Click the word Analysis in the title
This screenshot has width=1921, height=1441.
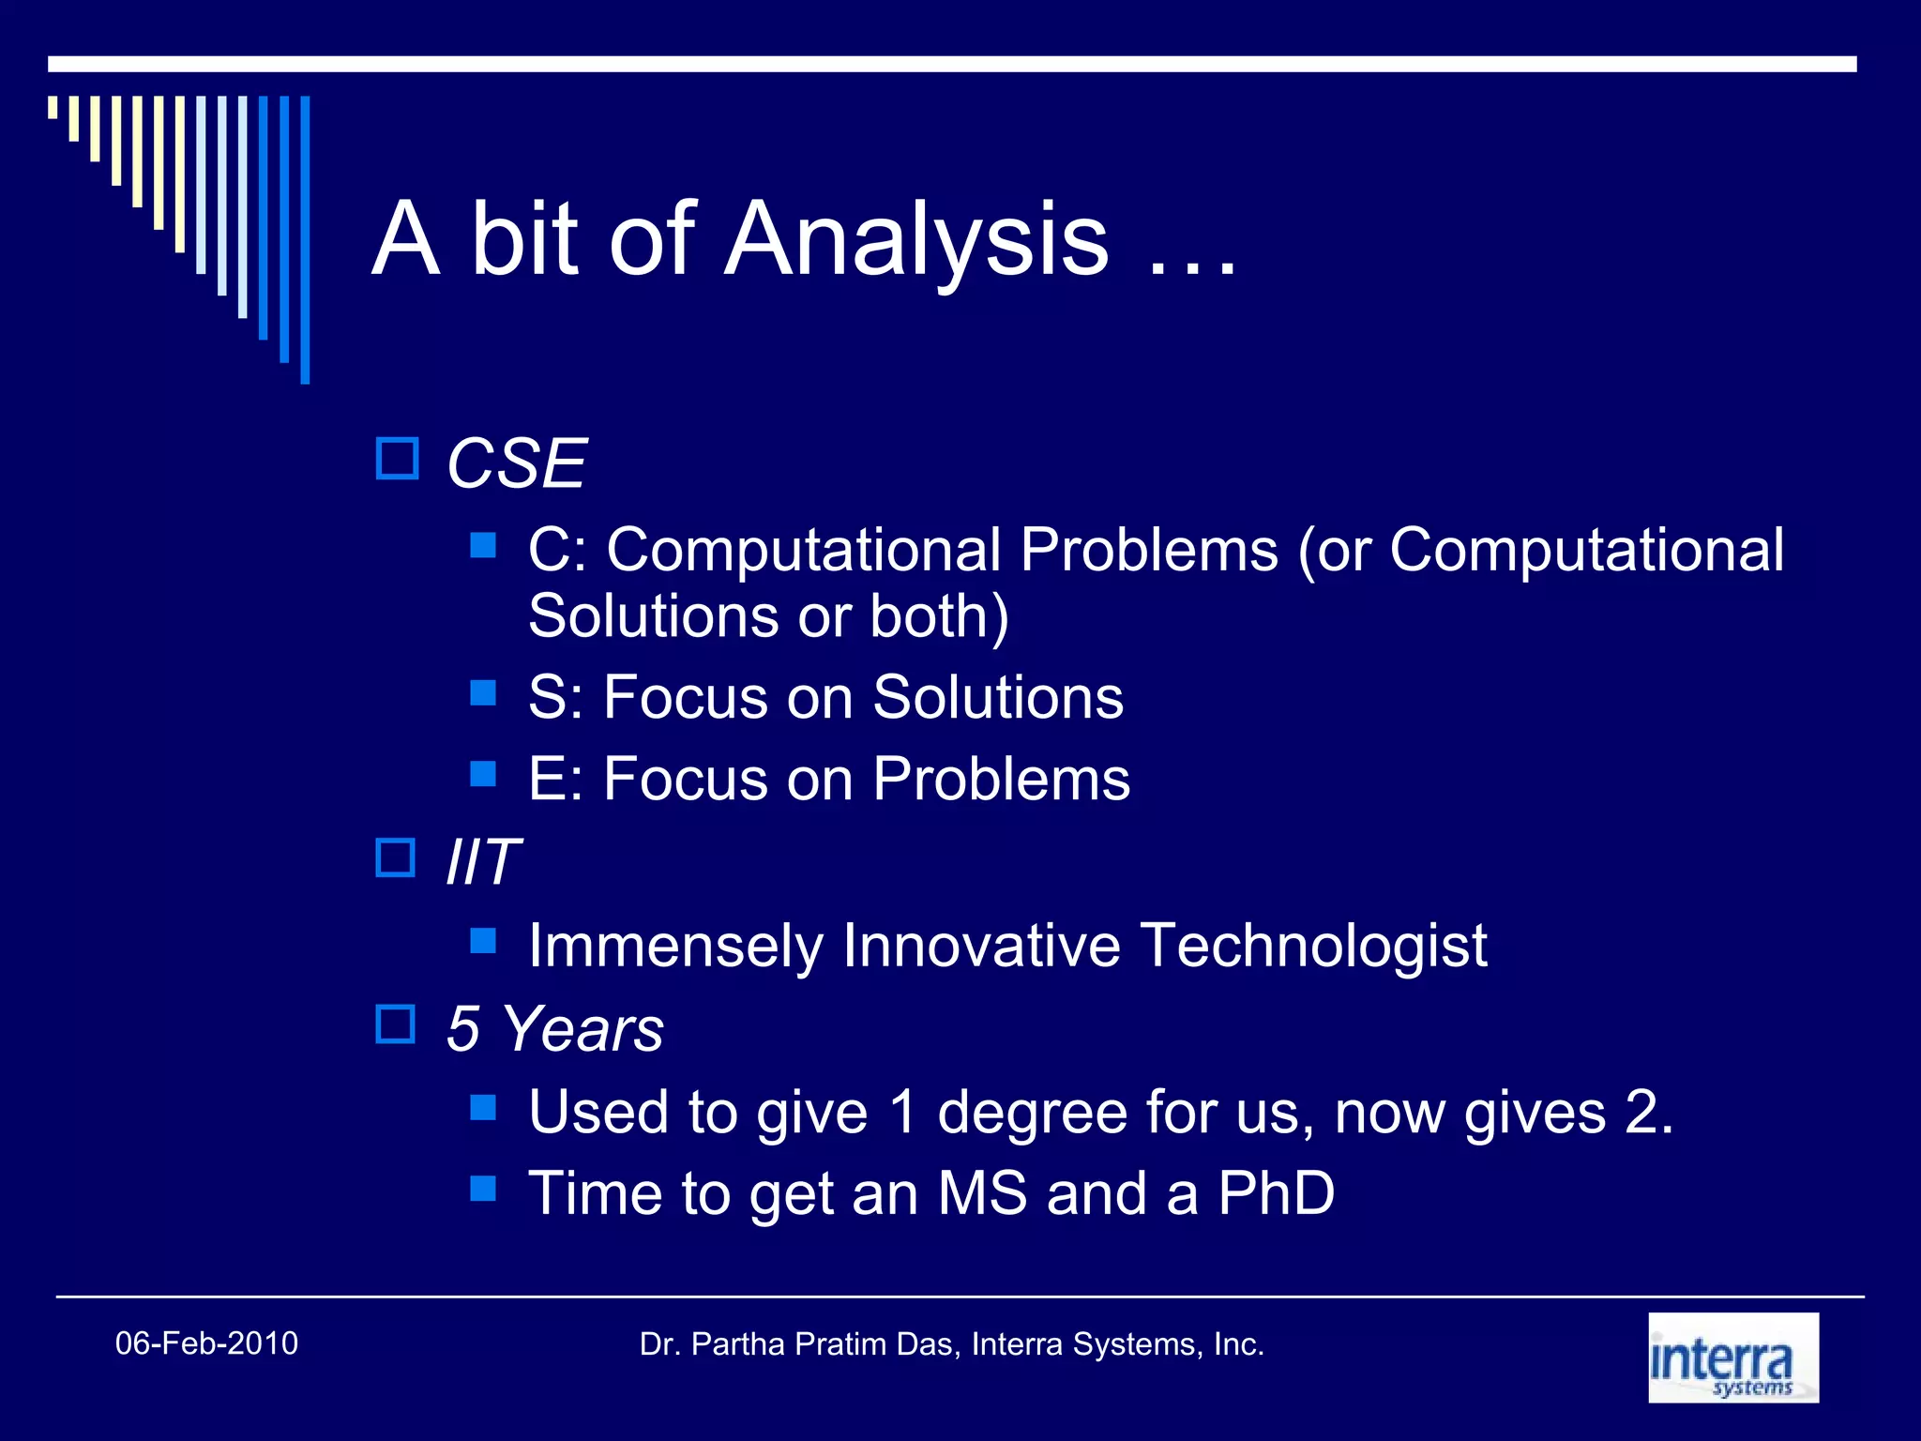[916, 241]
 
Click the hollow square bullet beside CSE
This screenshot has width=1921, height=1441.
[397, 459]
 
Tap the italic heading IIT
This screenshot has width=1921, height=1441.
[482, 861]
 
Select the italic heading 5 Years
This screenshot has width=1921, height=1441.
[554, 1028]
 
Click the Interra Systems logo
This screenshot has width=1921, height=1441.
[1732, 1358]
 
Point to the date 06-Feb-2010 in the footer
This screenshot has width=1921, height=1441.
[206, 1343]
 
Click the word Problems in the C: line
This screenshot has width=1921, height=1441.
[1149, 550]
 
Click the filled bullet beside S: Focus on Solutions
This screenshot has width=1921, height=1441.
[483, 693]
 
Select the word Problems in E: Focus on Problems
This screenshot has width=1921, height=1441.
[1001, 779]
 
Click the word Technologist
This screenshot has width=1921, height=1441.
[1313, 945]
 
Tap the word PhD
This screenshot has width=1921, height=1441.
[1276, 1193]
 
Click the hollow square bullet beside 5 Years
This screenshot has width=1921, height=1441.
[396, 1024]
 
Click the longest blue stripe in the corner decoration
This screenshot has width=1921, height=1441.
[305, 239]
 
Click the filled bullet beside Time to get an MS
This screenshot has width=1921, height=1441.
[483, 1189]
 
